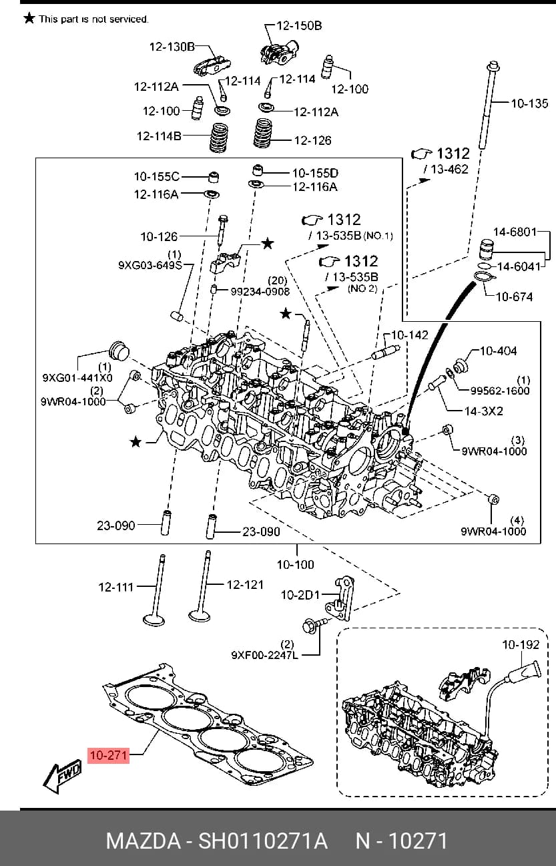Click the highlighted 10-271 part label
pyautogui.click(x=108, y=755)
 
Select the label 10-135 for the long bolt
pyautogui.click(x=529, y=103)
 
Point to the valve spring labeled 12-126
pyautogui.click(x=263, y=133)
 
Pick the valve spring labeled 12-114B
pyautogui.click(x=219, y=138)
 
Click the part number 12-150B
pyautogui.click(x=299, y=25)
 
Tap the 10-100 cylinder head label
pyautogui.click(x=295, y=564)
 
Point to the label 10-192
pyautogui.click(x=521, y=644)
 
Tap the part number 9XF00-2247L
pyautogui.click(x=265, y=655)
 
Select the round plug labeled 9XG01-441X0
pyautogui.click(x=118, y=351)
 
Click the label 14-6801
pyautogui.click(x=515, y=232)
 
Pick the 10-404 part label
pyautogui.click(x=498, y=351)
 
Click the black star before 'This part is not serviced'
pyautogui.click(x=29, y=18)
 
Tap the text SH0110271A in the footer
pyautogui.click(x=263, y=841)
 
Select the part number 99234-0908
pyautogui.click(x=260, y=291)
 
